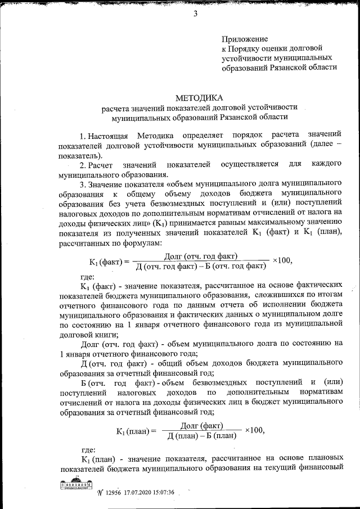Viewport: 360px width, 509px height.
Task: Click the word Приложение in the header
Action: click(244, 39)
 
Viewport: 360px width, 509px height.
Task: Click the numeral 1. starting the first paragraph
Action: click(83, 137)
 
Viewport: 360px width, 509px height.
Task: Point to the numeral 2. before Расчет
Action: click(83, 164)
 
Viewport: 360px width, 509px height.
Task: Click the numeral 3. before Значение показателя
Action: click(83, 183)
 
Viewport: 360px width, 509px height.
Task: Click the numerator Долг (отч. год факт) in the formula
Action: click(203, 256)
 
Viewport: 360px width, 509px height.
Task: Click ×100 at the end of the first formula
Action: click(282, 261)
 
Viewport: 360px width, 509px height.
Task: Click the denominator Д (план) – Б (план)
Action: click(201, 436)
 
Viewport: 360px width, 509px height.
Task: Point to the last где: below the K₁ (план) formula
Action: click(89, 449)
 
